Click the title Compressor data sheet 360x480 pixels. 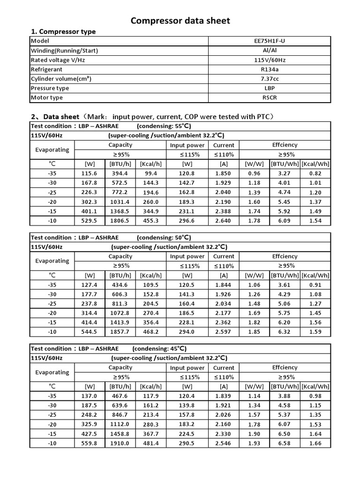coord(180,21)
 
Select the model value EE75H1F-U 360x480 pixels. coord(270,41)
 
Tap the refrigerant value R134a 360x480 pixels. coord(270,69)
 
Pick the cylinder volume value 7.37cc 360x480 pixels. coord(270,79)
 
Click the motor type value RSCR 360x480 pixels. coord(270,97)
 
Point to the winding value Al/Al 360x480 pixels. coord(270,51)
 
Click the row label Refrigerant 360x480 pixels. coord(47,69)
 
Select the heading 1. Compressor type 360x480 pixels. coord(63,31)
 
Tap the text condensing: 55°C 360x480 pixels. coord(164,127)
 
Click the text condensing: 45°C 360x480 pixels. coord(159,349)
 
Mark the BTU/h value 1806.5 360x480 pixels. coord(120,220)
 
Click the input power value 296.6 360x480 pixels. coord(187,220)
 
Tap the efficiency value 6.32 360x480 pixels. coord(284,331)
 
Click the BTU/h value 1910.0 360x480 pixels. coord(120,442)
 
